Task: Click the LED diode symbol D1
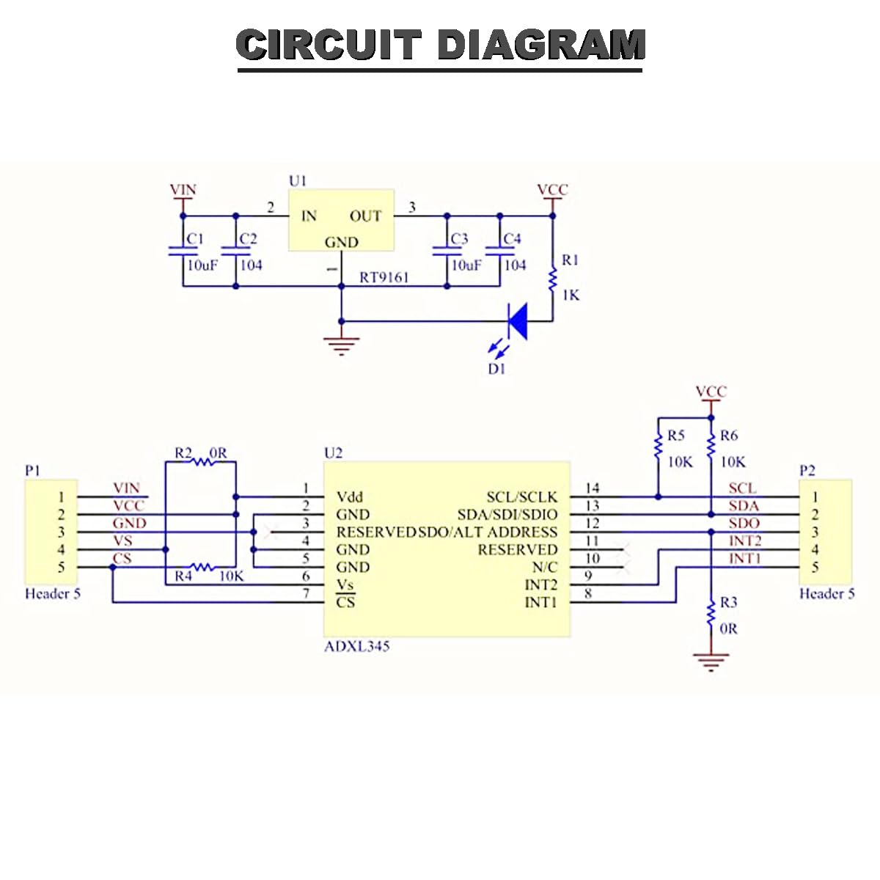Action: coord(518,321)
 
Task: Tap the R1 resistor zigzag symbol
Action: coord(553,280)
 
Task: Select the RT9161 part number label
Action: coord(384,277)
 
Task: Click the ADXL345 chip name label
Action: coord(356,646)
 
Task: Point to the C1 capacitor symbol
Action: coord(183,251)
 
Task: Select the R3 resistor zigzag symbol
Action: coord(711,614)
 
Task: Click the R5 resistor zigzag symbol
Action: coord(658,446)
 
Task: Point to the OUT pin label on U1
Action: coord(365,216)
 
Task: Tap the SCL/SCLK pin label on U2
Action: coord(522,497)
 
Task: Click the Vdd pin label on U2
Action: coord(349,497)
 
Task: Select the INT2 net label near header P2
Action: coord(745,540)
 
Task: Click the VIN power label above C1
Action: coord(183,189)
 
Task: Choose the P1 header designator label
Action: coord(32,470)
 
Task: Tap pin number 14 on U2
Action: coord(592,488)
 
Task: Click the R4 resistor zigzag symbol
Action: coord(202,567)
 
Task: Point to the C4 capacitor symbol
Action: coord(499,251)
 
